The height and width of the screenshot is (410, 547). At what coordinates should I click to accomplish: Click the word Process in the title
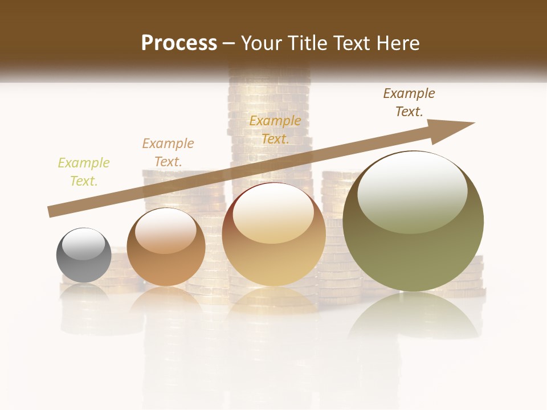pyautogui.click(x=179, y=43)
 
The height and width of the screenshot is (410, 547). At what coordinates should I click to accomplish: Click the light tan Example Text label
pyautogui.click(x=168, y=153)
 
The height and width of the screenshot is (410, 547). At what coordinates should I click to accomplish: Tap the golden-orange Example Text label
pyautogui.click(x=275, y=130)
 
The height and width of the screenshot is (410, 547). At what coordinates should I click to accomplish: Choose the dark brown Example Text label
pyautogui.click(x=409, y=102)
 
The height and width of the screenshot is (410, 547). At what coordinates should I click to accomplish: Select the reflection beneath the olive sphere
pyautogui.click(x=413, y=319)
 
